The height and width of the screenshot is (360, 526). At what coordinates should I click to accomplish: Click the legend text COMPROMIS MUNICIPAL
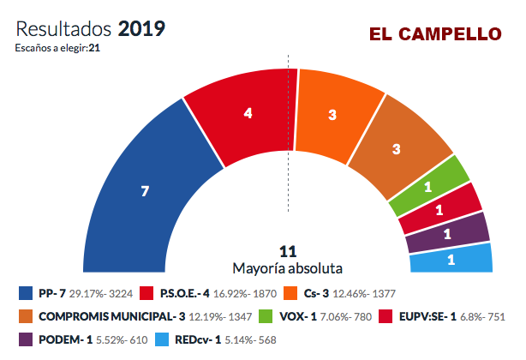click(x=103, y=315)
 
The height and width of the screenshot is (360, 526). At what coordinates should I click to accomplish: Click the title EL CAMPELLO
click(x=435, y=35)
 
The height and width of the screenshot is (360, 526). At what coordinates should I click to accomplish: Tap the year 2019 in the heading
click(x=142, y=28)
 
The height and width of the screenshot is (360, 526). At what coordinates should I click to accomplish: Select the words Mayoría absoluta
click(x=288, y=267)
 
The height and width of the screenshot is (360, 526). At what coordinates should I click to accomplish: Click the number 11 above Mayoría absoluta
click(x=288, y=250)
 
